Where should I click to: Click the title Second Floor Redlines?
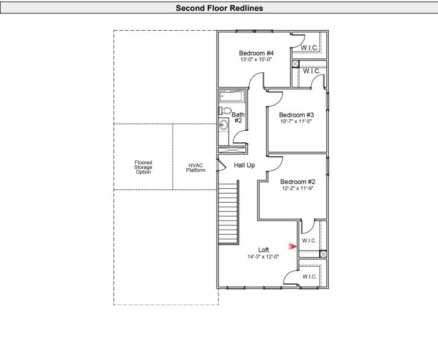(x=219, y=8)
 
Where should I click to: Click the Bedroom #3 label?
(x=296, y=115)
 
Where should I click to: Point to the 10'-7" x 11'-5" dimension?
(x=296, y=122)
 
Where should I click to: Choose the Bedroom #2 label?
(x=298, y=182)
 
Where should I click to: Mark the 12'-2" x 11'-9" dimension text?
(x=298, y=188)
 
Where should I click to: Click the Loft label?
(x=264, y=250)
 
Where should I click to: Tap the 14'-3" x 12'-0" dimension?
(x=263, y=256)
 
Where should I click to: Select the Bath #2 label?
(x=238, y=117)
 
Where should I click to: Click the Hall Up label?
(x=244, y=165)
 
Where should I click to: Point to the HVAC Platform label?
(x=195, y=168)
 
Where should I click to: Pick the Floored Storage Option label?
(x=144, y=167)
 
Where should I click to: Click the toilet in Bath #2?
(x=224, y=110)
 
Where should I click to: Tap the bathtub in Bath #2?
(x=231, y=96)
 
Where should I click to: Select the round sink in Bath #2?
(x=224, y=125)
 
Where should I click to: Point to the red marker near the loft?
(x=291, y=245)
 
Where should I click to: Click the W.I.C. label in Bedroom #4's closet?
(x=310, y=48)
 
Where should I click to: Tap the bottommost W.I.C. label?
(x=309, y=276)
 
